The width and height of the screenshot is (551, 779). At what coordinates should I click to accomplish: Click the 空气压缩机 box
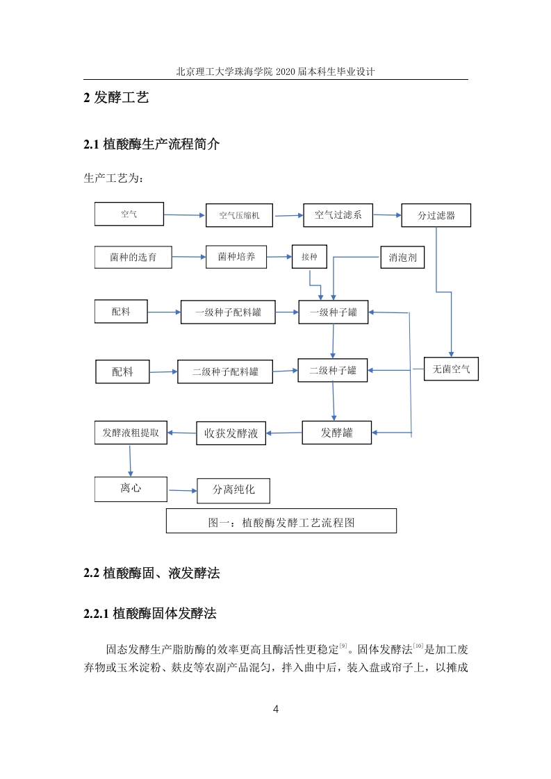click(x=239, y=215)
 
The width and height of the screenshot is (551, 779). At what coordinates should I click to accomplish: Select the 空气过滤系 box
click(x=338, y=215)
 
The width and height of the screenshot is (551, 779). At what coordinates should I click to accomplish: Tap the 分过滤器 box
click(x=436, y=215)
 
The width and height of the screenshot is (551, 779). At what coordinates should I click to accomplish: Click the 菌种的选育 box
click(x=133, y=257)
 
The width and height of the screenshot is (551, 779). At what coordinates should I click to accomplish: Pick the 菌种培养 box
click(x=236, y=257)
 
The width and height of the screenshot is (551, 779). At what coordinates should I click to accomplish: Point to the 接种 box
click(x=309, y=257)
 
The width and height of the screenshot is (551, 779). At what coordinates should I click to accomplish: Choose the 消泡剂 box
click(x=402, y=258)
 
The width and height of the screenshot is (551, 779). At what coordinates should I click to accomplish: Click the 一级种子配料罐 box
click(x=228, y=312)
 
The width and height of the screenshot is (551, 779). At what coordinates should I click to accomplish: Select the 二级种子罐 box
click(x=333, y=370)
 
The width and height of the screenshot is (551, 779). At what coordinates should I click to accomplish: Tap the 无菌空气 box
click(x=451, y=369)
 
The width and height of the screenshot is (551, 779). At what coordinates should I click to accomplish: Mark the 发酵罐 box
click(x=337, y=433)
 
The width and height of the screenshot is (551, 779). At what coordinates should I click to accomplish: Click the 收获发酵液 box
click(x=231, y=433)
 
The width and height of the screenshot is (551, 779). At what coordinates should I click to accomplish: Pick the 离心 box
click(x=131, y=489)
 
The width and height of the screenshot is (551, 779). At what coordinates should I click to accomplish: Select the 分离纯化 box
click(x=233, y=491)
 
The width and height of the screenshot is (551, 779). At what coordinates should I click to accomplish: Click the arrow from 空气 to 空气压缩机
click(x=185, y=215)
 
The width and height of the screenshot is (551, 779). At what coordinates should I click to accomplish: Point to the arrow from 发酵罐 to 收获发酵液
click(x=284, y=433)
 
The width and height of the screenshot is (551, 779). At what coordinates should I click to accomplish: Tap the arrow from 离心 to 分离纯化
click(x=183, y=491)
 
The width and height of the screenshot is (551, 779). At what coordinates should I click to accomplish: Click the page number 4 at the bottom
click(x=276, y=710)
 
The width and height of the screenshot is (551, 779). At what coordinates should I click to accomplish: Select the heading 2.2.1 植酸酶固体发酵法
click(x=150, y=614)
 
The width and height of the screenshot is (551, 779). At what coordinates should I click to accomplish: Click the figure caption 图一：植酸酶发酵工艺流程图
click(x=281, y=523)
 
